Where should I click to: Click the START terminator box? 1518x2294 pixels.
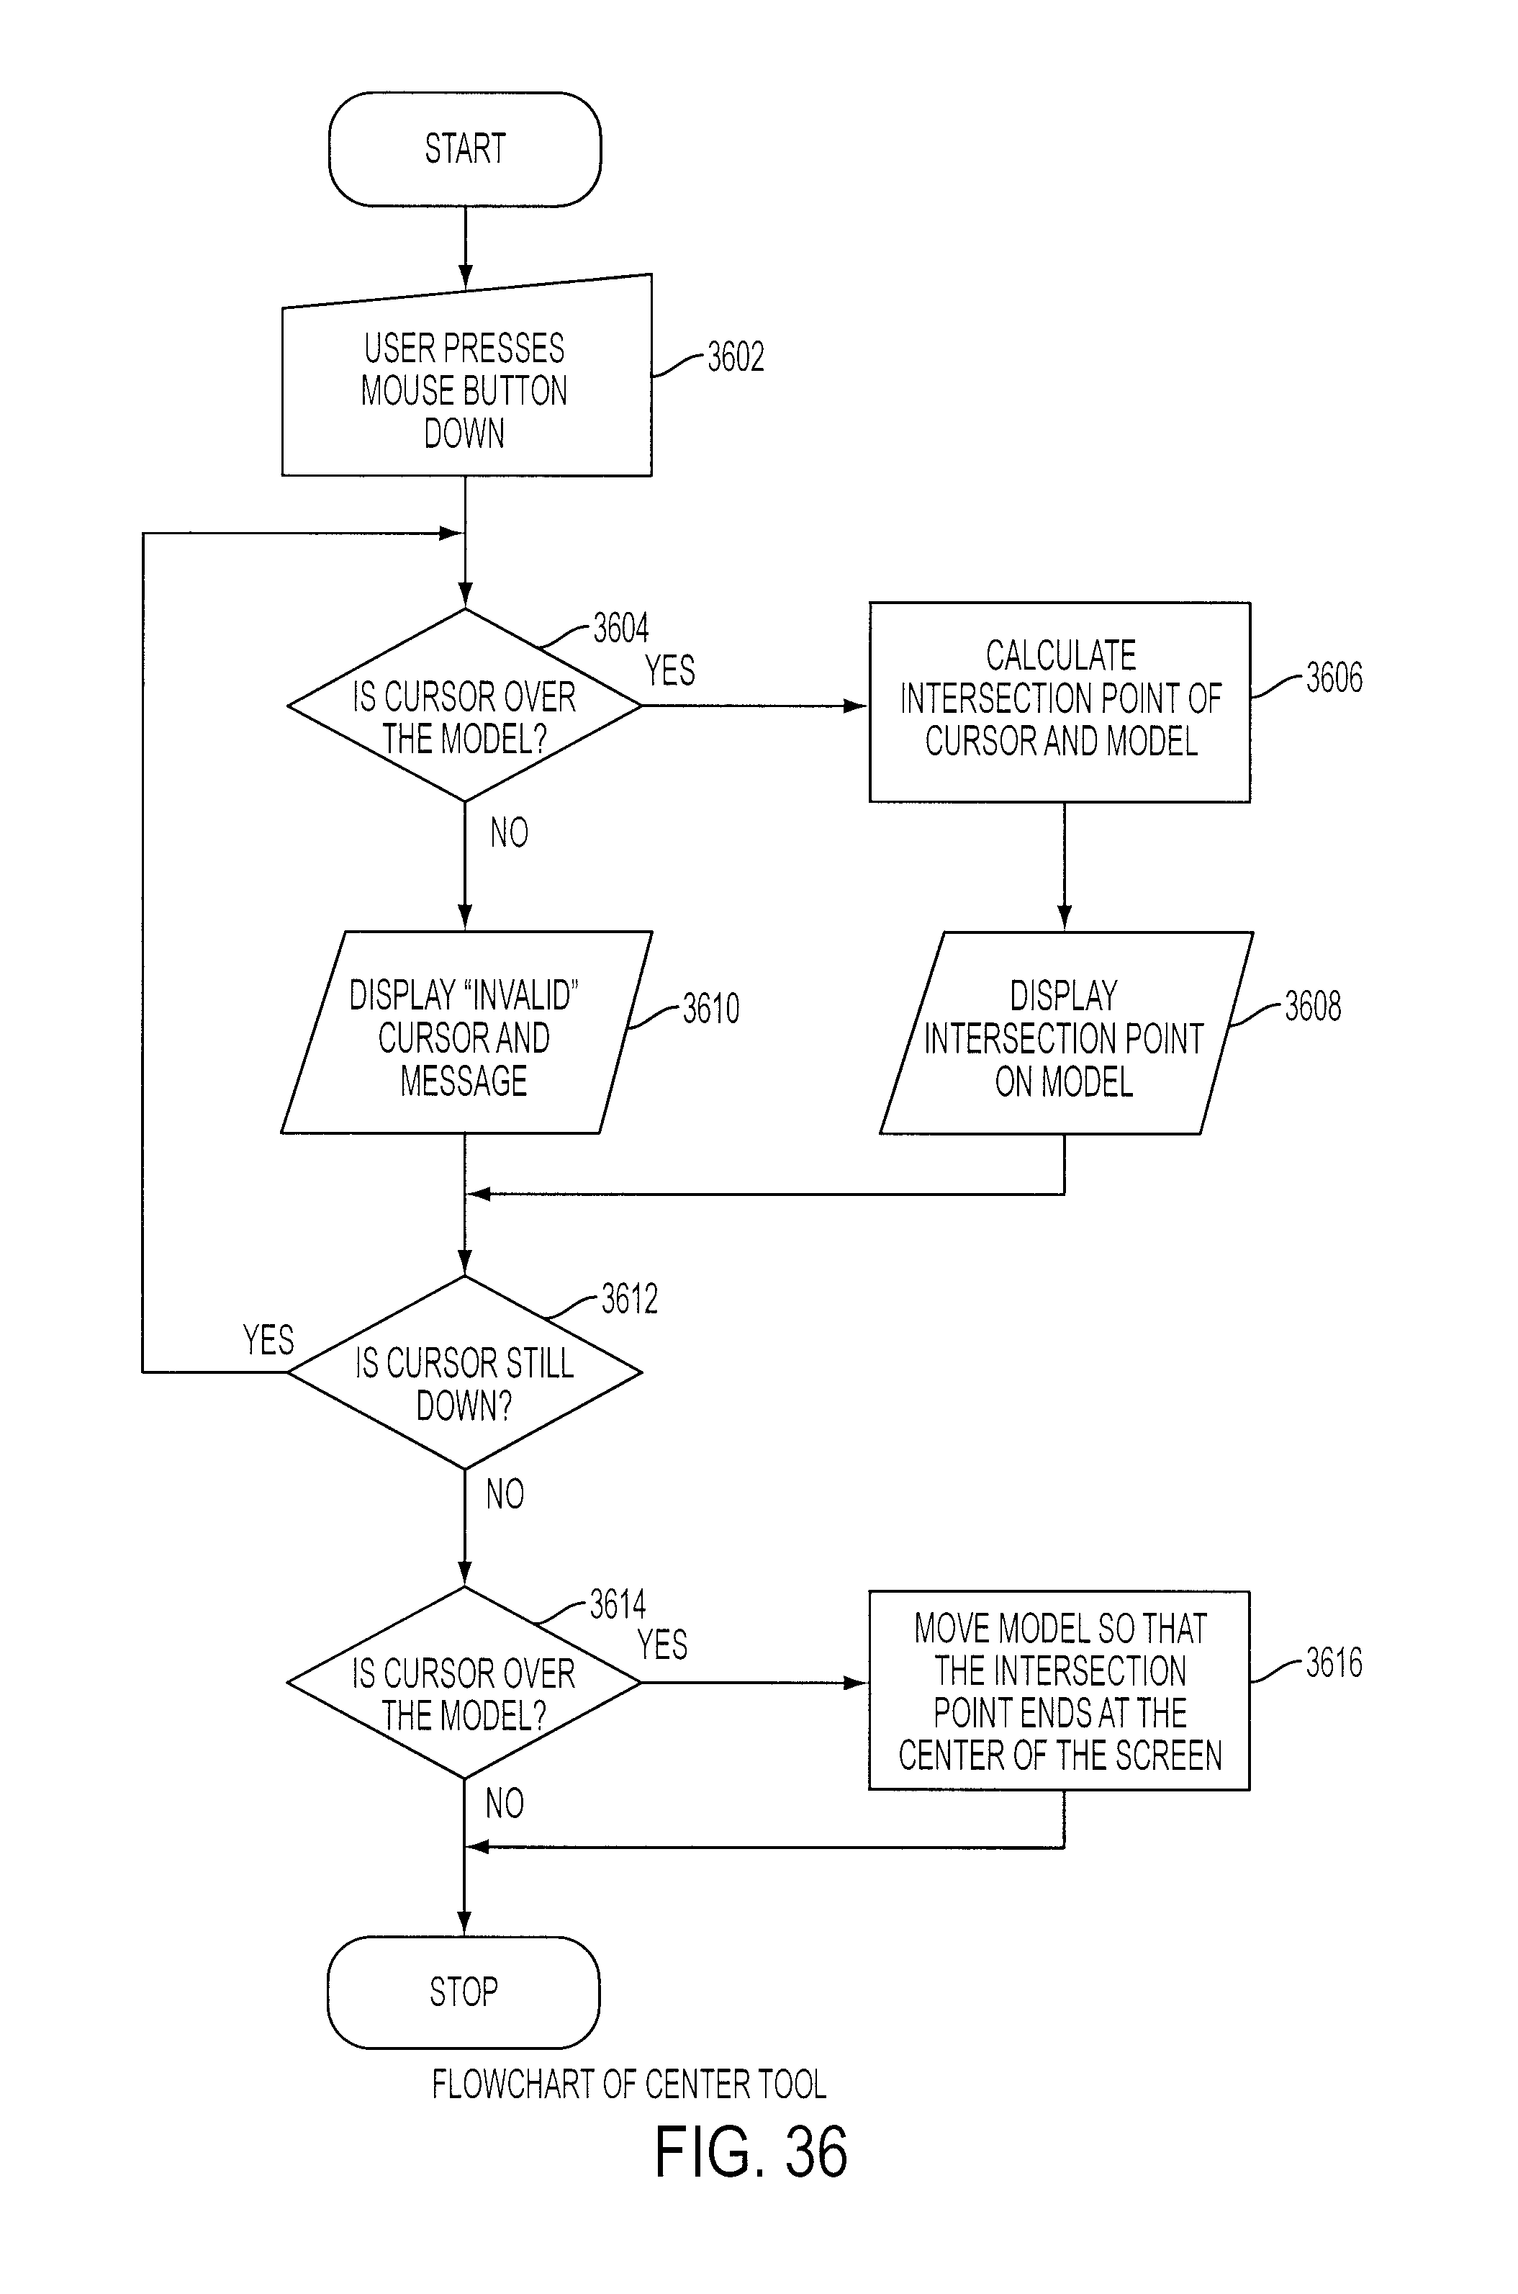point(465,149)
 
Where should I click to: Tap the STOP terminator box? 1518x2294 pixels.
point(464,1992)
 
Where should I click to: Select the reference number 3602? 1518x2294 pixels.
point(736,357)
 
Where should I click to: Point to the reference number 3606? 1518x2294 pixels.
point(1334,678)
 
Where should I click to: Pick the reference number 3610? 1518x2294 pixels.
point(710,1009)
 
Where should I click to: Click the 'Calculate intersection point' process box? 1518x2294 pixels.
point(1060,702)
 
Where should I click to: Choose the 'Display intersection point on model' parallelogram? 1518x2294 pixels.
point(1066,1033)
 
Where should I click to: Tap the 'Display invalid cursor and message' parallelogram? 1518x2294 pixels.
point(466,1033)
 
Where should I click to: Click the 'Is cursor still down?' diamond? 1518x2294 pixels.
point(465,1372)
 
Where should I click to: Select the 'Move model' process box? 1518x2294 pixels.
point(1059,1691)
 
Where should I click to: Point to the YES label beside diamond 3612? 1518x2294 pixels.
point(268,1340)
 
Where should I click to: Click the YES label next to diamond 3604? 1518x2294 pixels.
point(670,670)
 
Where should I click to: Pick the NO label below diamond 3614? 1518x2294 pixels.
point(505,1803)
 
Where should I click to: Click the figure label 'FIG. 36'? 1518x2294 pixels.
point(751,2153)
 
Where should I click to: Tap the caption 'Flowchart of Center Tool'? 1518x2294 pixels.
point(629,2084)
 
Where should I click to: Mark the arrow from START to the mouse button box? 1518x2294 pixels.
point(465,248)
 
